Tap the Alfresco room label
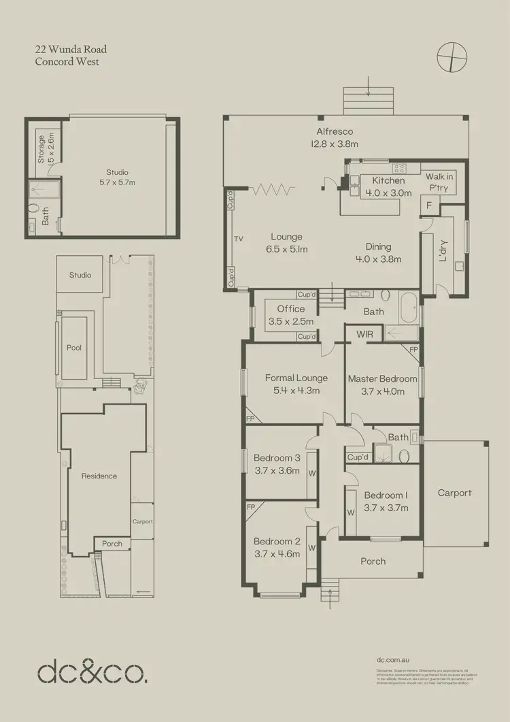click(334, 132)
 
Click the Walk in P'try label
click(439, 182)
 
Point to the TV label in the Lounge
click(239, 239)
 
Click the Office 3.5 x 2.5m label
click(290, 315)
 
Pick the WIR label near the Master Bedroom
click(364, 334)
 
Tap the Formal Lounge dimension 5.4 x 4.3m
click(296, 391)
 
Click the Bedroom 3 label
click(277, 457)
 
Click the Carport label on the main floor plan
click(454, 493)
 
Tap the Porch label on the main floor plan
click(373, 561)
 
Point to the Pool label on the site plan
click(74, 348)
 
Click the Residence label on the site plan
click(99, 476)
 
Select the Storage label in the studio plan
click(41, 149)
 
